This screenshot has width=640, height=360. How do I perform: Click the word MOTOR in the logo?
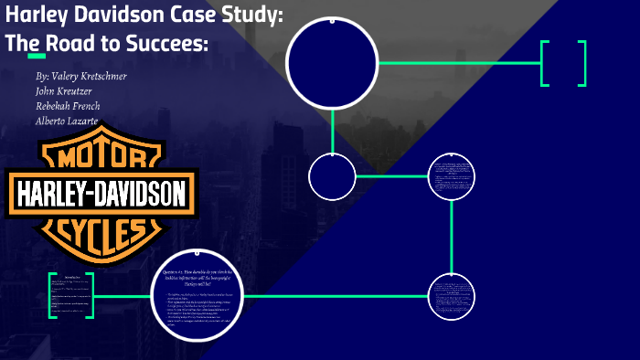101,157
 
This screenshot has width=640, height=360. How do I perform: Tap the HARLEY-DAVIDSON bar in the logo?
101,193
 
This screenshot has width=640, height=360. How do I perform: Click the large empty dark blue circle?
332,62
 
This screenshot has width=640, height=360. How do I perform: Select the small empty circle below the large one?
331,176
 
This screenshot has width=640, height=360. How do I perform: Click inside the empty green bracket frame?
563,63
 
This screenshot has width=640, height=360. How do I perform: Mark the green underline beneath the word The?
37,56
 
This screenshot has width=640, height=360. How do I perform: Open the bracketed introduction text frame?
71,295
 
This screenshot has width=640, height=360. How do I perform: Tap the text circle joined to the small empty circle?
452,176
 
